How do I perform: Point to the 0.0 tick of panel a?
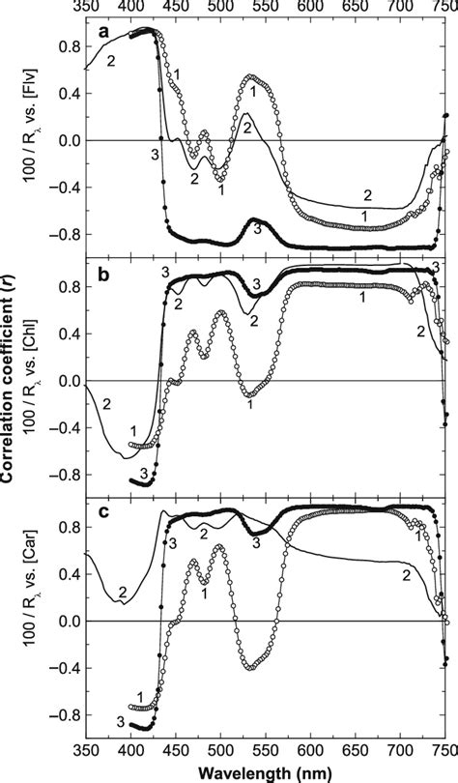point(69,140)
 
